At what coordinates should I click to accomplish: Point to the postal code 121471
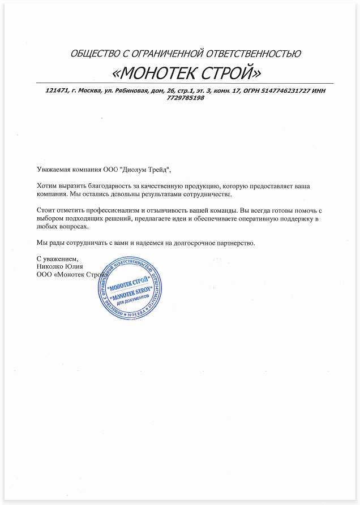pos(56,90)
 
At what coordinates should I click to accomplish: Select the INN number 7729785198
pos(186,98)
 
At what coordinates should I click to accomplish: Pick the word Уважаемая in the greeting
pos(53,169)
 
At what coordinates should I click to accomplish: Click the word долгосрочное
pos(188,243)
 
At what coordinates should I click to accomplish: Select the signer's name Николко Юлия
pos(59,267)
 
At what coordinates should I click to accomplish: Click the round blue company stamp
pos(130,288)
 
